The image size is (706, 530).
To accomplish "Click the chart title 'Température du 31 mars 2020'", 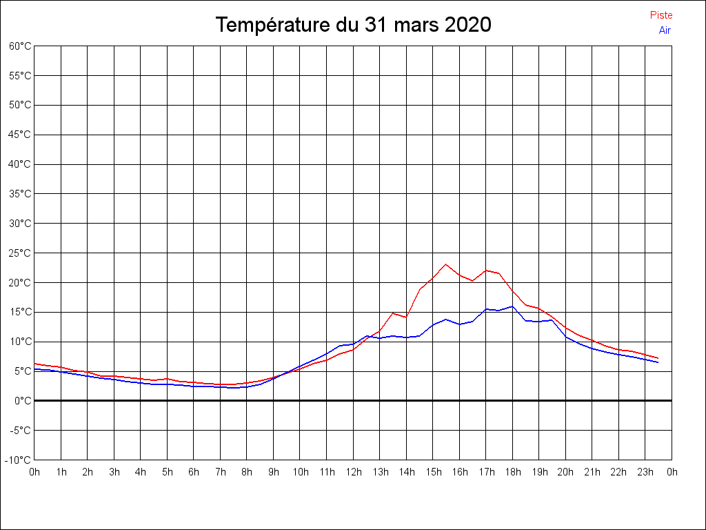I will point(353,26).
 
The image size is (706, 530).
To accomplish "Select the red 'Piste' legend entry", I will point(661,15).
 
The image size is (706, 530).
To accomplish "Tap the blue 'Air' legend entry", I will point(665,30).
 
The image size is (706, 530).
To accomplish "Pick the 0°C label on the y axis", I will point(23,400).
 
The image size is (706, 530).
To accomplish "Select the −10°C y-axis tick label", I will point(19,460).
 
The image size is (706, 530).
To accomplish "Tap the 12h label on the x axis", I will point(353,472).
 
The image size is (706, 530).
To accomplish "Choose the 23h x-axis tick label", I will point(645,472).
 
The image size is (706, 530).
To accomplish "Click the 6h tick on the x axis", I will point(194,472).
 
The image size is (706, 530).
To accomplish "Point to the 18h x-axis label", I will point(512,472).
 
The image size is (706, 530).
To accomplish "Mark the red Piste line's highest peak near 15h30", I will point(446,264).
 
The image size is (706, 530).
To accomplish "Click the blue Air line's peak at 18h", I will point(512,306).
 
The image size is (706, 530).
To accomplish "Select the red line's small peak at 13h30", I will point(393,313).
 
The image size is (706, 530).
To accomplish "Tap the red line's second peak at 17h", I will point(486,270).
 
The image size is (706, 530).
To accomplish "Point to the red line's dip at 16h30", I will point(472,281).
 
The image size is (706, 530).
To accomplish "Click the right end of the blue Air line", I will point(658,362).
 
